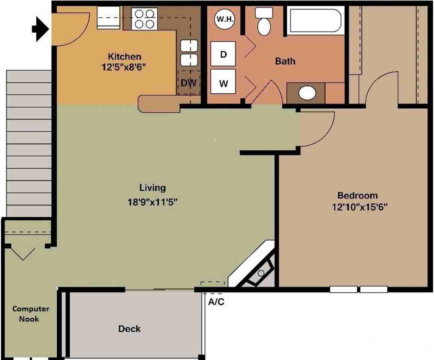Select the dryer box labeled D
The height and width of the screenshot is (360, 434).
(223, 54)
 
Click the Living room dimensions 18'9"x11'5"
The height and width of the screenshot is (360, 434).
(152, 202)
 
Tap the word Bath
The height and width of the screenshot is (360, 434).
(285, 61)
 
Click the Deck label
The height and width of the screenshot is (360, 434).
(130, 329)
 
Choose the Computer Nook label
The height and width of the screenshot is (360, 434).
(30, 314)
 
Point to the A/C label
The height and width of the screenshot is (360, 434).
(216, 301)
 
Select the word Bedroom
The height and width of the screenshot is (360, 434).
(357, 195)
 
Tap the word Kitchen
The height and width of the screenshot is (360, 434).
(125, 57)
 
